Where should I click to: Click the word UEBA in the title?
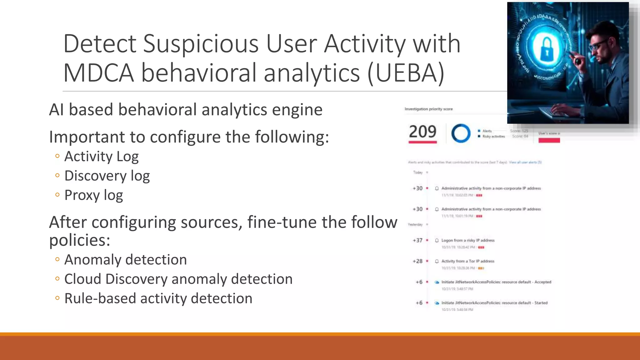[406, 73]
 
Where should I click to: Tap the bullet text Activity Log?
[101, 156]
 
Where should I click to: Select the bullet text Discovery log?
[107, 176]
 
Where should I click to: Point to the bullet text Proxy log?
[93, 195]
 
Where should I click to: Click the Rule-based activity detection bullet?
[158, 298]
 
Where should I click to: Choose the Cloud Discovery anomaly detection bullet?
[178, 279]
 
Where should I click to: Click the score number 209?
[422, 132]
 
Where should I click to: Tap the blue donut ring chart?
[461, 133]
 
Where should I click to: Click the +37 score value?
[417, 240]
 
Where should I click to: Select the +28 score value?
[417, 261]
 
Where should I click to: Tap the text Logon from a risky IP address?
[468, 240]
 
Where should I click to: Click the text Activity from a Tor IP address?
[468, 261]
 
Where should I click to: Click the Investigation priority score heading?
[428, 109]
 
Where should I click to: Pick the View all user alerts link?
[525, 162]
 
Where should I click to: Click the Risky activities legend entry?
[493, 137]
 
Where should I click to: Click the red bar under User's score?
[549, 140]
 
